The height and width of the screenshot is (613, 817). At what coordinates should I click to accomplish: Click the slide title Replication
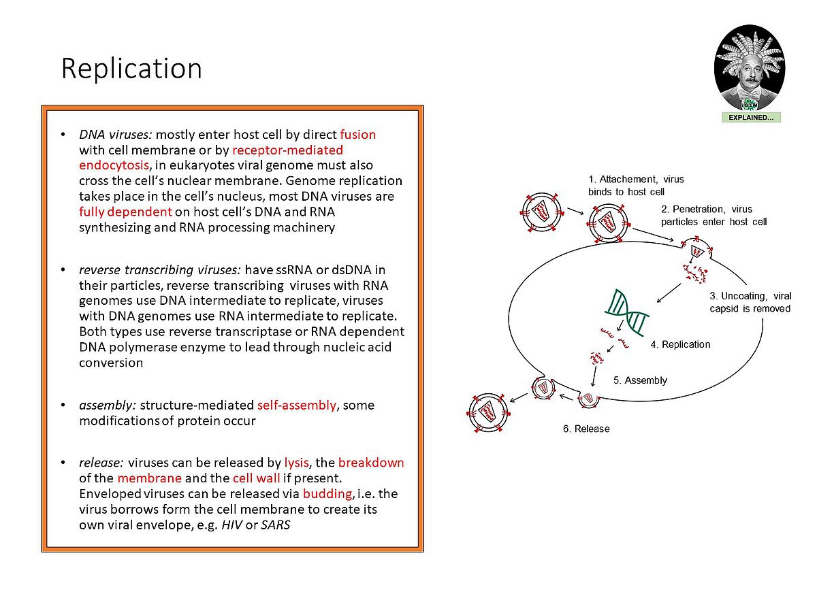(131, 69)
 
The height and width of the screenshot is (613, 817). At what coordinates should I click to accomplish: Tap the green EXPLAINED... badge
(751, 118)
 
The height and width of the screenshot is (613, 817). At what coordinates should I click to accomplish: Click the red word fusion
(357, 134)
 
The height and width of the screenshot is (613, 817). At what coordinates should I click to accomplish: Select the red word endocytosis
(114, 165)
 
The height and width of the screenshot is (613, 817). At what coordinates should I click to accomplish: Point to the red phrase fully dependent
(125, 212)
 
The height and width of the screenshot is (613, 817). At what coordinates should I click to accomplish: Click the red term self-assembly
(297, 405)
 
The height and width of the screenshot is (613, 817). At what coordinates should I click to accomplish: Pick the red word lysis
(296, 463)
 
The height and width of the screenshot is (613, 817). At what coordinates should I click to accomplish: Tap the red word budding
(327, 494)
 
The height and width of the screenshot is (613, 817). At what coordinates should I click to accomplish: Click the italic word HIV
(232, 525)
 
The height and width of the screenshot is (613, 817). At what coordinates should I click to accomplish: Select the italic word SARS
(276, 525)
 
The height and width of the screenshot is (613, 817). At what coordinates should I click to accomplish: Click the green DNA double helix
(626, 313)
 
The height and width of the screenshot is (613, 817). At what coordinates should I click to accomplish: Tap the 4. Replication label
(680, 344)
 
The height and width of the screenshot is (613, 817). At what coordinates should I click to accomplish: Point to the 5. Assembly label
(640, 380)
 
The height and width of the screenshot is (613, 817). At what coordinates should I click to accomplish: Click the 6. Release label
(586, 429)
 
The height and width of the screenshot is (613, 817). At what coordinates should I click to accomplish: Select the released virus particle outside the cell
(488, 412)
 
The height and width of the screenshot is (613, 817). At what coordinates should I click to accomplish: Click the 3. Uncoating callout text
(750, 302)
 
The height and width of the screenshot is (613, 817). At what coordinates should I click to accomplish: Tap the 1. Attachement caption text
(636, 186)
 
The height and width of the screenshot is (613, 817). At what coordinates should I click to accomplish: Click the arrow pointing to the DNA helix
(669, 293)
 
